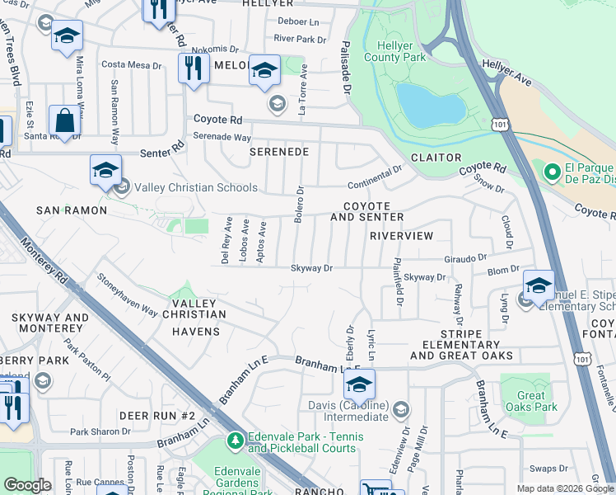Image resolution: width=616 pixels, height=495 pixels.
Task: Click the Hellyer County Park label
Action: (x=401, y=50)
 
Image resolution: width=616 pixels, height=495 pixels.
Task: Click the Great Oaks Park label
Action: (x=531, y=401)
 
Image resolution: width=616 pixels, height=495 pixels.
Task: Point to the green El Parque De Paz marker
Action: (x=551, y=173)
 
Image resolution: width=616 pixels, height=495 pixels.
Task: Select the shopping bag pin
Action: (x=64, y=120)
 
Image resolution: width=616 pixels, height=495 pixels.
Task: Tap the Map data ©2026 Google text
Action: (x=564, y=488)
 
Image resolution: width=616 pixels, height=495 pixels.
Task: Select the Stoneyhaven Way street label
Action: (x=127, y=295)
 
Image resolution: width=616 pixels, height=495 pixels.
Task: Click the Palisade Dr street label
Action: (x=346, y=68)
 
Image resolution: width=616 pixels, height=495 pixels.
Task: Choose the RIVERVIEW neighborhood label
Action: (x=401, y=236)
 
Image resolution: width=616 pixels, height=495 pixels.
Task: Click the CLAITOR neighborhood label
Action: (x=436, y=158)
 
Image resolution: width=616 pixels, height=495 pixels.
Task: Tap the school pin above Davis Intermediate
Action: (x=359, y=384)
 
